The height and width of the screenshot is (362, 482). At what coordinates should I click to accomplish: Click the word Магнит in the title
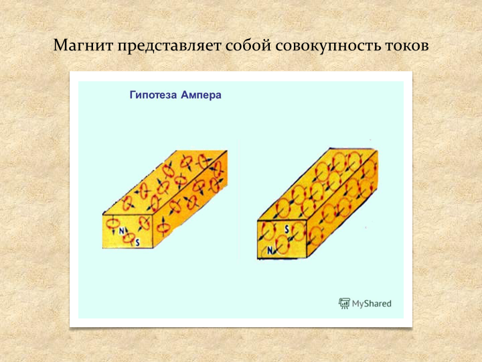click(x=83, y=46)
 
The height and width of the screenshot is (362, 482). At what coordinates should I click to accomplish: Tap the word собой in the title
click(x=248, y=46)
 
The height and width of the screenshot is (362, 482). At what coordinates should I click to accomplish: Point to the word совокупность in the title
click(x=327, y=46)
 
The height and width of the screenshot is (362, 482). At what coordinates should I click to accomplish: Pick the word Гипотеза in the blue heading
click(x=153, y=95)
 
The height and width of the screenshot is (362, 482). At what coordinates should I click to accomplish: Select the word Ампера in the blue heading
click(x=201, y=95)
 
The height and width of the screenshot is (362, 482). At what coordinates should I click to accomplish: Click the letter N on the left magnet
click(x=122, y=231)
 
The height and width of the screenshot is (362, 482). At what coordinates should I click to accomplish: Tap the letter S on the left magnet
click(x=137, y=243)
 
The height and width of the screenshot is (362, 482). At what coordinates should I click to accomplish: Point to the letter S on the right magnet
click(x=287, y=229)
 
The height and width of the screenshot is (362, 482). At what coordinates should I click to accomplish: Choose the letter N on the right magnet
click(x=270, y=251)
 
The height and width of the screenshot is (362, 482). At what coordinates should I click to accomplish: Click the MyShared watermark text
click(x=372, y=304)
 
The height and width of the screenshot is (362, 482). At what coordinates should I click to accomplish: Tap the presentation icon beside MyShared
click(x=344, y=304)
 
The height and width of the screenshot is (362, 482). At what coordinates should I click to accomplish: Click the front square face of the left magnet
click(x=128, y=231)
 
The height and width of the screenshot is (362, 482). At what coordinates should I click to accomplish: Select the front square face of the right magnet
click(x=283, y=239)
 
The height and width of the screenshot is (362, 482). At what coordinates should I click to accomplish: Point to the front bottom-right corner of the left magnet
click(x=153, y=248)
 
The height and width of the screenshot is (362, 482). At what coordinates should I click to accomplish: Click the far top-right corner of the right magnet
click(x=377, y=150)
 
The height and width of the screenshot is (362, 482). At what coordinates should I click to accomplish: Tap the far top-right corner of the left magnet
click(x=227, y=151)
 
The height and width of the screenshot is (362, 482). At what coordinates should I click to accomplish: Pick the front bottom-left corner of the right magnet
click(x=258, y=259)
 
